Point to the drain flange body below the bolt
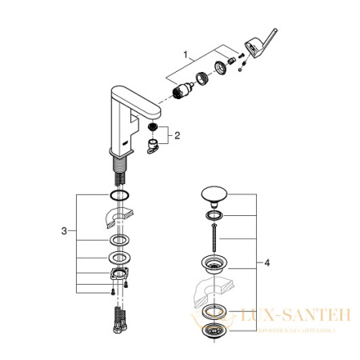tap(213, 266)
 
